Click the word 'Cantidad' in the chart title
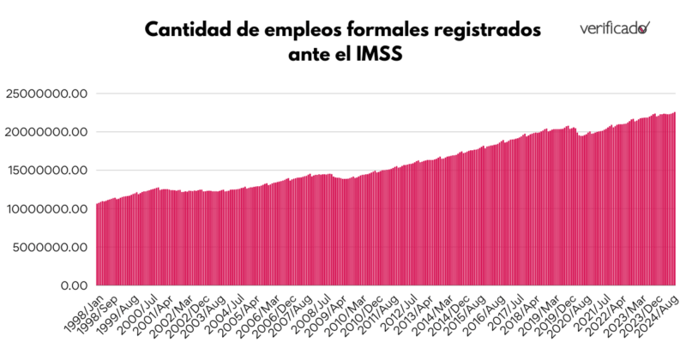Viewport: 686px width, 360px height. coord(184,31)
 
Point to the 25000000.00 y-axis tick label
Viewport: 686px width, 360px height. coord(47,94)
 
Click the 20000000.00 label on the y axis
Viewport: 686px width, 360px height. coord(47,132)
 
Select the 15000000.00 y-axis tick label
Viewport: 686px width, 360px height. coord(47,171)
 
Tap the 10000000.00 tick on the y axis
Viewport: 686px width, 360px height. coord(47,209)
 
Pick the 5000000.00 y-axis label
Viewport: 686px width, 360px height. coord(51,247)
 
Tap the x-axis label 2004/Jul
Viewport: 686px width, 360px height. coord(226,309)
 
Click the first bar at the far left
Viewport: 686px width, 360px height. coord(97,244)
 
